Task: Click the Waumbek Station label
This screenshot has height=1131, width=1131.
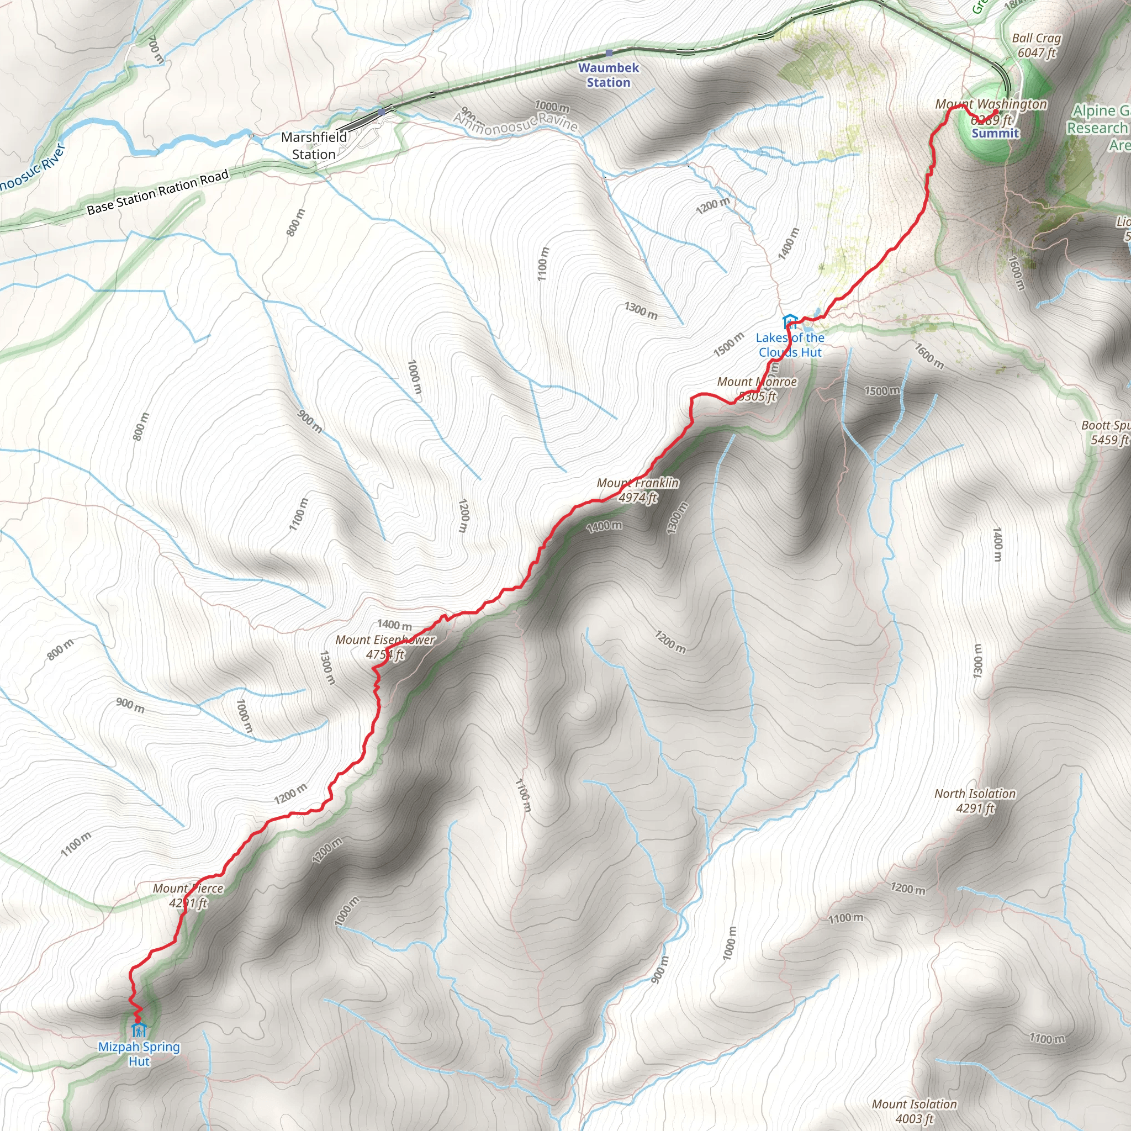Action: [x=608, y=75]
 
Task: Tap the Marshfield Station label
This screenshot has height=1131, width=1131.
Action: [x=314, y=146]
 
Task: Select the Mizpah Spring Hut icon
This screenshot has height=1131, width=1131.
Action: [x=139, y=1029]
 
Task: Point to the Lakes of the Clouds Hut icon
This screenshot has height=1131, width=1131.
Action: [x=789, y=321]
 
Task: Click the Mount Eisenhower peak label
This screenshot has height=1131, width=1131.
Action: [x=385, y=647]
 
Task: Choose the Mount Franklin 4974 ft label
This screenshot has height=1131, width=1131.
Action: [x=637, y=490]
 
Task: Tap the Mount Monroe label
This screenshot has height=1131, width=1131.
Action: [x=757, y=389]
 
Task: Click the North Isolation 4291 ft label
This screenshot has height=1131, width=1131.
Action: [x=975, y=801]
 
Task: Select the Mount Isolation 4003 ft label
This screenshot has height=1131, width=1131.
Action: [x=914, y=1111]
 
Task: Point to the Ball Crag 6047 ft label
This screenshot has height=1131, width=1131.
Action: [x=1036, y=45]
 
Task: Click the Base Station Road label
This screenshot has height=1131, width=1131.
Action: [x=157, y=193]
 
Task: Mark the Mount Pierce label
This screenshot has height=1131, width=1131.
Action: [x=188, y=896]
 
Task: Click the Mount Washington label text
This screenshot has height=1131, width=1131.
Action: [x=991, y=104]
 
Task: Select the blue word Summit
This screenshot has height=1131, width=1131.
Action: [x=995, y=134]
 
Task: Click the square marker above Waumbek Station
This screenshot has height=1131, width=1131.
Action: [x=609, y=53]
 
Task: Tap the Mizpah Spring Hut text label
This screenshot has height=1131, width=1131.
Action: [x=139, y=1054]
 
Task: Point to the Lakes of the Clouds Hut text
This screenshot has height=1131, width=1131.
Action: [x=790, y=345]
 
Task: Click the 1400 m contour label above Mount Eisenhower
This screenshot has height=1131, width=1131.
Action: [x=394, y=625]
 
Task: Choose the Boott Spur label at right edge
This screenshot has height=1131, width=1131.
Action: [x=1105, y=432]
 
